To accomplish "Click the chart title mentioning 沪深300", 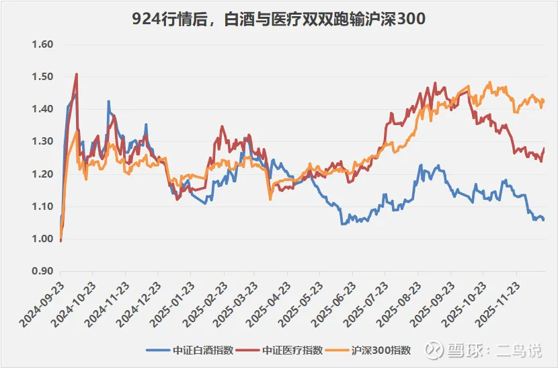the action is point(278,19).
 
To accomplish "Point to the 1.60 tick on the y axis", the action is point(42,44).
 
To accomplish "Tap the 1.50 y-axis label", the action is point(42,77).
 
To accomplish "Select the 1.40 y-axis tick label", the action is point(42,109).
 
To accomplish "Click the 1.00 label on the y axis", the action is point(42,239).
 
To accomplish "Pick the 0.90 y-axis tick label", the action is point(42,271).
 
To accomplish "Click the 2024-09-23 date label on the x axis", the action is point(42,304).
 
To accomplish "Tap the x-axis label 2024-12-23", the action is point(139,304).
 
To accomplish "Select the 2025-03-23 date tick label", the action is point(235,304).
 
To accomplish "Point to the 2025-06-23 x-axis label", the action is point(333,304).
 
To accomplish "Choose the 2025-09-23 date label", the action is point(432,304).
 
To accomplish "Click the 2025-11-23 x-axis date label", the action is point(497,304).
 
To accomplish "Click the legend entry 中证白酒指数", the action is point(190,351).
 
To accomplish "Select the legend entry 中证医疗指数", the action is point(279,351).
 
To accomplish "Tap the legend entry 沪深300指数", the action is point(368,351).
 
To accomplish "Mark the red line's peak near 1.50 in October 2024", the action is point(77,74).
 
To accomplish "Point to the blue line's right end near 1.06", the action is point(543,220).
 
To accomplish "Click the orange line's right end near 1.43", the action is point(543,100).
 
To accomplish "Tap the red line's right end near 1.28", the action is point(544,149).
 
